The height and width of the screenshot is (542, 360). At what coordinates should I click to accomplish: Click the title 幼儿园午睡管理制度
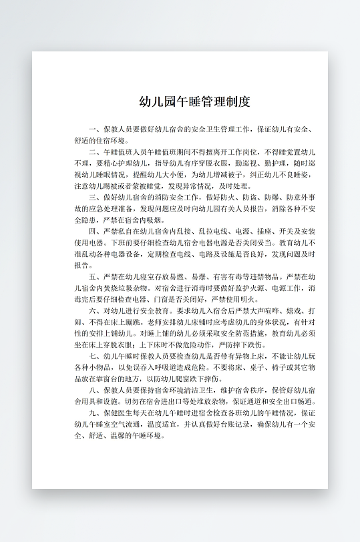coord(194,101)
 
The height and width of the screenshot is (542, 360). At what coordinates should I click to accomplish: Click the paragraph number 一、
coord(94,129)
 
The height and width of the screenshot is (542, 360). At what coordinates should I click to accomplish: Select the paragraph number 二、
coord(94,152)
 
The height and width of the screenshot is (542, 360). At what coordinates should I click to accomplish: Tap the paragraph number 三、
coord(94,198)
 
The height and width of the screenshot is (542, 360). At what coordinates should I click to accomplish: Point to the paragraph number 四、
coord(94,231)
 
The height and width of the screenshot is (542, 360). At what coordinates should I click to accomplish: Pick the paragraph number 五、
coord(94,276)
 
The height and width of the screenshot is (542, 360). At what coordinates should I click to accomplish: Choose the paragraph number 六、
coord(94,310)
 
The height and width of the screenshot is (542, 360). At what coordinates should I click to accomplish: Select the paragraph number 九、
coord(94,413)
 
